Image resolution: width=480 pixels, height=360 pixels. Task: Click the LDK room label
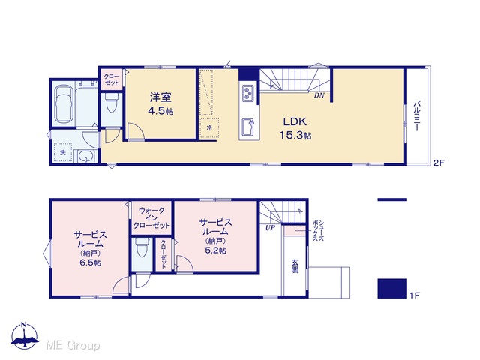pos(295,121)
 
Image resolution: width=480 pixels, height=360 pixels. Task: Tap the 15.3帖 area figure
pos(295,135)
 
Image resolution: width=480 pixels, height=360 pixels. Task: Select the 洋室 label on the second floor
pos(160,97)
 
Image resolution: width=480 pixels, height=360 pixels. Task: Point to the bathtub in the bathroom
pos(63,104)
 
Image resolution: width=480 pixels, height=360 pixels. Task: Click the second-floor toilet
pos(112,102)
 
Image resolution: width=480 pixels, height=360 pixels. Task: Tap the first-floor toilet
pos(142,247)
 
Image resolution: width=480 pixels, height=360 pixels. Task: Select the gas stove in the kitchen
pos(248,93)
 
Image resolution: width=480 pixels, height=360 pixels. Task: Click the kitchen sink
pos(248,127)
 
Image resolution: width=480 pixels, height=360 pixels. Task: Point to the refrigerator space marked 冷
pos(209,128)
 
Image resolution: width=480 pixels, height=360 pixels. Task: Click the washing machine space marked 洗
pos(63,152)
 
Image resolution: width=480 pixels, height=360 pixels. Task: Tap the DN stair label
pos(319,95)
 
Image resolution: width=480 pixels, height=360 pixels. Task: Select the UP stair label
pos(270,228)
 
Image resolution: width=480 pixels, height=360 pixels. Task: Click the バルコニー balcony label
pos(416,116)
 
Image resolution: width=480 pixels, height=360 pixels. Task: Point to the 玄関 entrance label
pos(295,265)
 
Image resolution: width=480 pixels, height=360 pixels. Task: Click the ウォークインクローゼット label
pos(151,218)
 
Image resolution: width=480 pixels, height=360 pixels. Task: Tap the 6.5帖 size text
pos(90,262)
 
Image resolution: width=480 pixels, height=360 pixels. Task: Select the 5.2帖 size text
pos(215,250)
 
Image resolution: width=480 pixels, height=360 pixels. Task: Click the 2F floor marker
pos(438,163)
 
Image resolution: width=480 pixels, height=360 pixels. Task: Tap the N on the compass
pos(24,325)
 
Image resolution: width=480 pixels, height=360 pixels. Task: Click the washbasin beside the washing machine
pos(85,157)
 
